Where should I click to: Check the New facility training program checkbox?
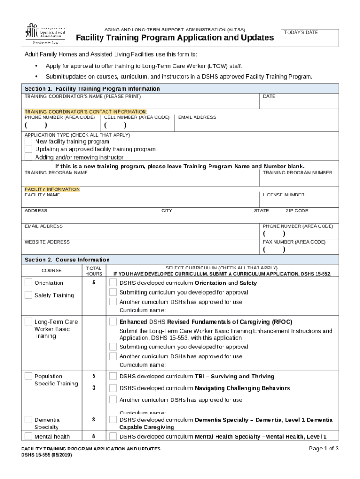click(x=29, y=141)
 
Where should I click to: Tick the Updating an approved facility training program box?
click(x=29, y=149)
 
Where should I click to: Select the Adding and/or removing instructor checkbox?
click(x=29, y=157)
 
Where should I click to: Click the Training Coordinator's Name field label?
click(x=82, y=96)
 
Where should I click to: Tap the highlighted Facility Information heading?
click(x=52, y=189)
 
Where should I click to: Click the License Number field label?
click(x=283, y=195)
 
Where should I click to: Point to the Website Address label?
click(x=47, y=242)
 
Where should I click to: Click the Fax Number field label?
click(x=294, y=242)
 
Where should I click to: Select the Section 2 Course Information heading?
click(x=67, y=260)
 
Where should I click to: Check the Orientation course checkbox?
click(x=29, y=283)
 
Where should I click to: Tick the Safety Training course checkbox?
click(x=29, y=295)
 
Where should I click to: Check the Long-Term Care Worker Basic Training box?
click(x=29, y=322)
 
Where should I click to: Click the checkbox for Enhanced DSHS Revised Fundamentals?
click(x=113, y=321)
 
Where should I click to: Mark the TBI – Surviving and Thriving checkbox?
click(x=113, y=376)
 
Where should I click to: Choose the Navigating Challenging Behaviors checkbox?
click(x=113, y=388)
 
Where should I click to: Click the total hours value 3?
click(x=94, y=388)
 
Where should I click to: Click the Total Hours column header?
click(x=94, y=271)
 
